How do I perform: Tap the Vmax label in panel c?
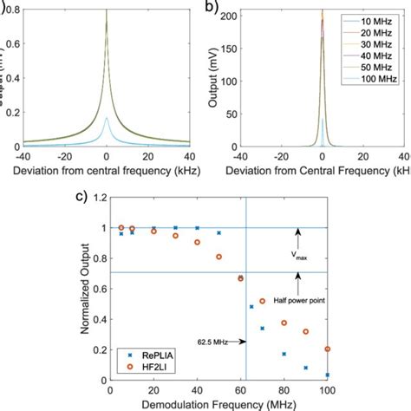[x=297, y=256]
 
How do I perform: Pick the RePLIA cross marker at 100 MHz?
[x=327, y=375]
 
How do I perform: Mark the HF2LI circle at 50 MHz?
[x=219, y=257]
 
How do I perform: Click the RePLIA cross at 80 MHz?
[x=284, y=354]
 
